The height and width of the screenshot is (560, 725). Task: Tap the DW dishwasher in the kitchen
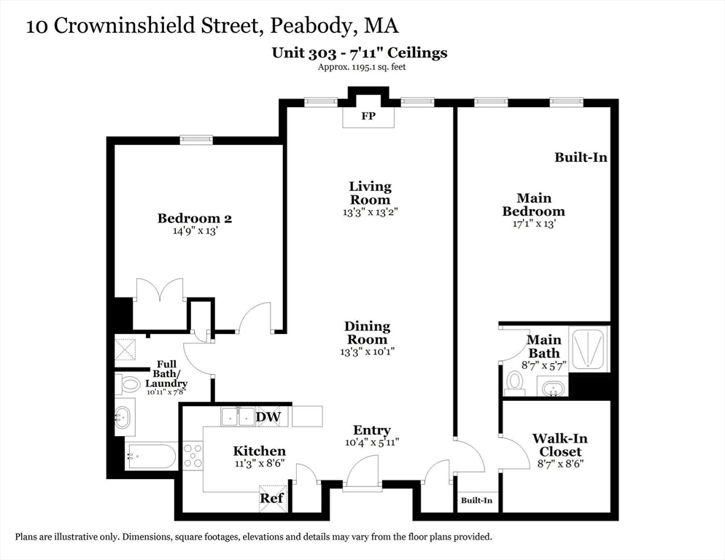[x=268, y=416]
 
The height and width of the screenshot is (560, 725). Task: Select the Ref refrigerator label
[x=271, y=499]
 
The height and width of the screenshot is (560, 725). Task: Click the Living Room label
[x=370, y=193]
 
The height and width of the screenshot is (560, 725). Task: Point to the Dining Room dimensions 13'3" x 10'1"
[x=368, y=352]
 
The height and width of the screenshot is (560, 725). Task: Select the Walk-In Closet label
[x=559, y=445]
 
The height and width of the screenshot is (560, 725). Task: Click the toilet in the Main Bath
[x=515, y=382]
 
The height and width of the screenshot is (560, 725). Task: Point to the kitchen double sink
[x=238, y=416]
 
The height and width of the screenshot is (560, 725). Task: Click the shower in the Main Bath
[x=588, y=349]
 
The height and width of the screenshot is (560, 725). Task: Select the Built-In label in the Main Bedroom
[x=581, y=157]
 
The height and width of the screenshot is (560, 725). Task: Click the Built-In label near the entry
[x=476, y=500]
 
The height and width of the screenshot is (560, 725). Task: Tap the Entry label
[x=372, y=430]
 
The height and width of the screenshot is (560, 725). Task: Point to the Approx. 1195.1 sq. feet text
[x=361, y=67]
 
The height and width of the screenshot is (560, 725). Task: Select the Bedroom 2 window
[x=196, y=140]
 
